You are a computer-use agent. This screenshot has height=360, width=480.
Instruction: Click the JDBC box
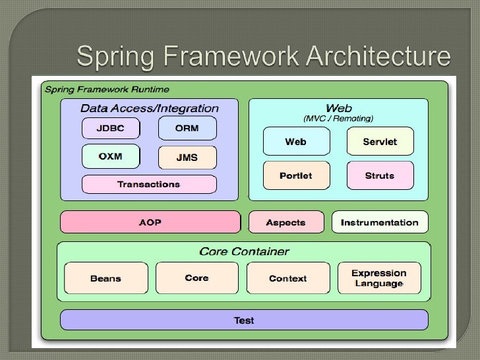point(110,129)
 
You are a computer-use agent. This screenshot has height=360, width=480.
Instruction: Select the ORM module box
point(187,129)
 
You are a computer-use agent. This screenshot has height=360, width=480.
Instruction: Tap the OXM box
point(110,157)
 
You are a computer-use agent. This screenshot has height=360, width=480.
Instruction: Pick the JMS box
point(187,158)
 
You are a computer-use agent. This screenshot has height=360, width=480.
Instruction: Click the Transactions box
point(148,184)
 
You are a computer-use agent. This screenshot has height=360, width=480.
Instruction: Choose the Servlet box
point(380,142)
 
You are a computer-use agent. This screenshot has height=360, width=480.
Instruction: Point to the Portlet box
point(295,175)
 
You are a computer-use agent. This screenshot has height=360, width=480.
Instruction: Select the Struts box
point(380,175)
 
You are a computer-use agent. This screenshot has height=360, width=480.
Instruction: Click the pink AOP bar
point(150,222)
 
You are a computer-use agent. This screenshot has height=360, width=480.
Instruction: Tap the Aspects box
point(286,222)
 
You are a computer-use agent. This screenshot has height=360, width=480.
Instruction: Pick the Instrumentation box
point(379,222)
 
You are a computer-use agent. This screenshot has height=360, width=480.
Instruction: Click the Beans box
point(105,278)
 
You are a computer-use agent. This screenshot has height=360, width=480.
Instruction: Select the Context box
point(287,278)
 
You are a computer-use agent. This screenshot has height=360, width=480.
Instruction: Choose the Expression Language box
point(379,278)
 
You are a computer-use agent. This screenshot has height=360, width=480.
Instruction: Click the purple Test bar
point(244,320)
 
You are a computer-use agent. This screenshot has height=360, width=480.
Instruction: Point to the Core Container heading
point(244,251)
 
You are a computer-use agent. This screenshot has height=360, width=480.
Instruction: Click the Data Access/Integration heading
point(149,108)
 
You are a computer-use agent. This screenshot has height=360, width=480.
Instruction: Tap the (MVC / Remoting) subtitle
point(338,119)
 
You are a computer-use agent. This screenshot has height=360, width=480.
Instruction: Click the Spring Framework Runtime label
point(106,89)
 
